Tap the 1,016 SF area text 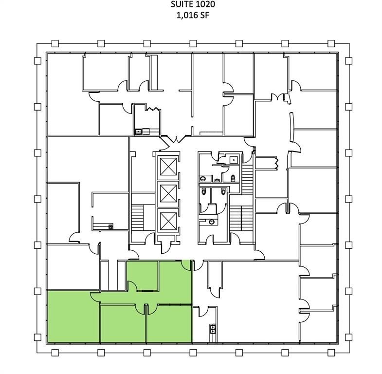pos(193,16)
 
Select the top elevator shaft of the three pos(168,166)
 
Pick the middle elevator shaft pos(168,193)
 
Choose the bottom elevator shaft pos(168,221)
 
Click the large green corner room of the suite pos(73,317)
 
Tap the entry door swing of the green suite pos(186,266)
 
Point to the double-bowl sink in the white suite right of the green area pos(213,329)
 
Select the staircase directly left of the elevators pos(138,218)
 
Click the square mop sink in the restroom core pos(234,160)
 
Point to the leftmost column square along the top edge pos(55,43)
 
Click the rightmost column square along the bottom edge pos(331,353)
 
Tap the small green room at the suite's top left pos(143,274)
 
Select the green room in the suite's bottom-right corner pos(169,324)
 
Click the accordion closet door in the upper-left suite pos(152,109)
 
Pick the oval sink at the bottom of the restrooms pos(211,222)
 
